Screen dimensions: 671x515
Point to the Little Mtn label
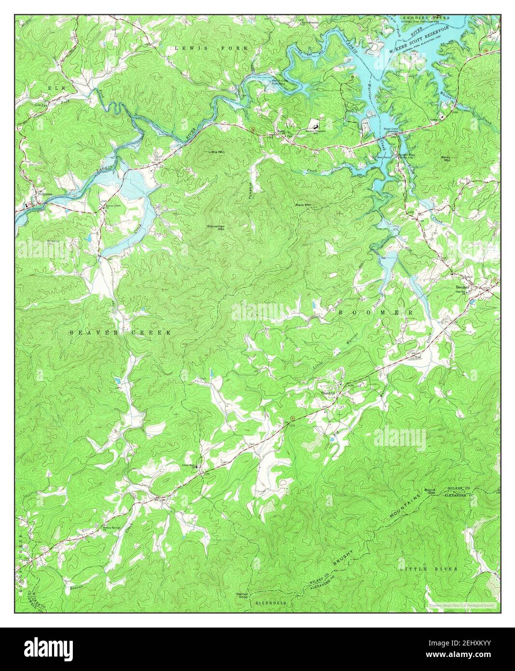coord(217,152)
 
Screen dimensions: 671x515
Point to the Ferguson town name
coord(45,195)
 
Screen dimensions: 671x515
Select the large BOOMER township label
coord(376,313)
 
